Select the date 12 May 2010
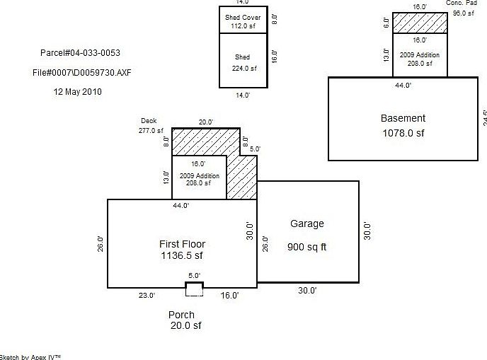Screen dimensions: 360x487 tap(78, 91)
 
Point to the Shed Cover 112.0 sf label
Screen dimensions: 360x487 tap(243, 22)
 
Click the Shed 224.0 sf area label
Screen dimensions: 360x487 tap(243, 62)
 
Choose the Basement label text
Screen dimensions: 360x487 tap(403, 119)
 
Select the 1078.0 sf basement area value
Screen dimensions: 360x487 tap(403, 133)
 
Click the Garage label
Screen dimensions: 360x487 tap(307, 224)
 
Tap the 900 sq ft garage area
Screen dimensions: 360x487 tap(306, 248)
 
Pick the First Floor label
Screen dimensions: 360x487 tap(182, 244)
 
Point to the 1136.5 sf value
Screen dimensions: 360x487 tap(182, 256)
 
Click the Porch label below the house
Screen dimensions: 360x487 tap(181, 315)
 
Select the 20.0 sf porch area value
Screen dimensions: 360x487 tap(185, 326)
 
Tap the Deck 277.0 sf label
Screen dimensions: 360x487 tap(150, 126)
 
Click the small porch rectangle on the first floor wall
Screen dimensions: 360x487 tap(194, 288)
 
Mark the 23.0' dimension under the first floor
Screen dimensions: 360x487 tap(147, 296)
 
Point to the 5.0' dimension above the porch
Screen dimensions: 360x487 tap(194, 275)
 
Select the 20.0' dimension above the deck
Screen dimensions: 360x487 tap(205, 122)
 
